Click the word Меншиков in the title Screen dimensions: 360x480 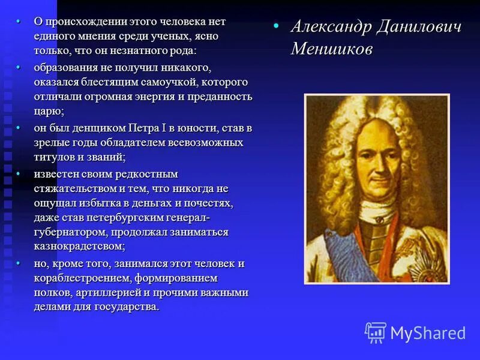[x=331, y=49]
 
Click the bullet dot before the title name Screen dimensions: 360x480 [x=276, y=27]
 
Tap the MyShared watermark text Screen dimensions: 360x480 [x=428, y=333]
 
